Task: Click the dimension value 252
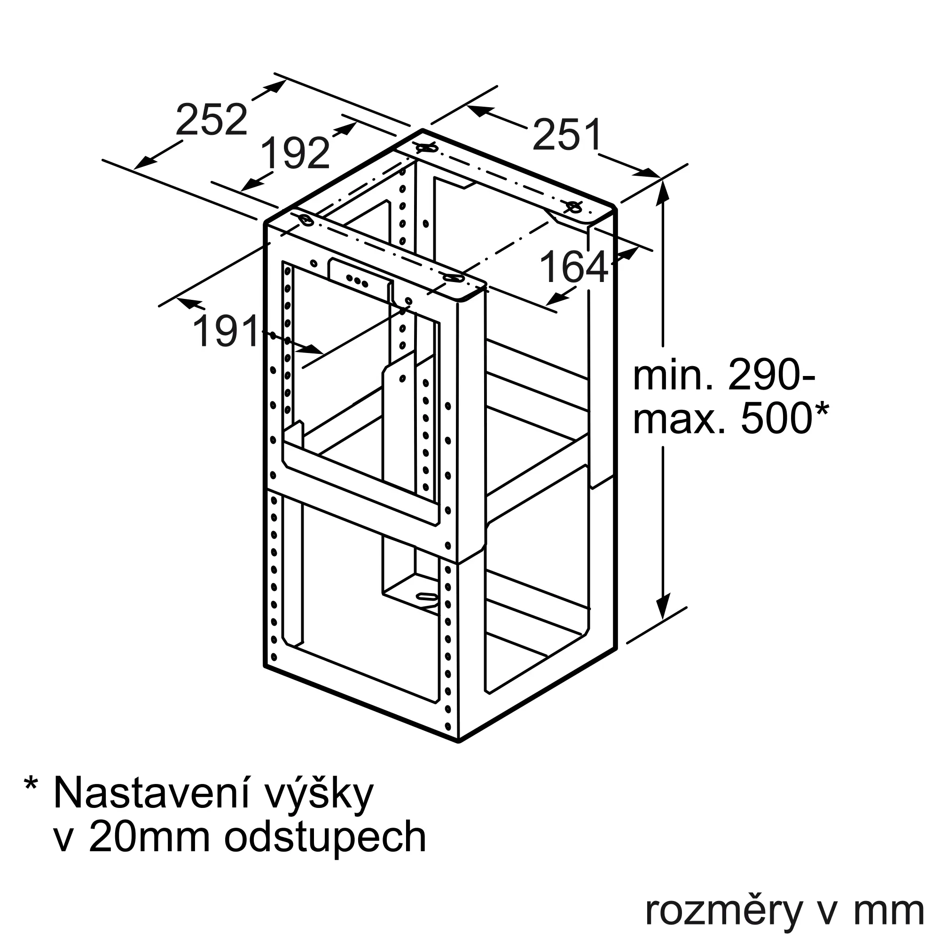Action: tap(211, 120)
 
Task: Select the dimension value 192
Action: tap(295, 153)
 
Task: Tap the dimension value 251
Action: tap(567, 135)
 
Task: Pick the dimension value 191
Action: tap(227, 331)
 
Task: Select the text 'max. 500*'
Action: tap(730, 418)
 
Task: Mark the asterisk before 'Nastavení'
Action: tap(31, 785)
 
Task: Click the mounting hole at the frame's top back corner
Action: tap(423, 147)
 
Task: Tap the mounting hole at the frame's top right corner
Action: tap(574, 207)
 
